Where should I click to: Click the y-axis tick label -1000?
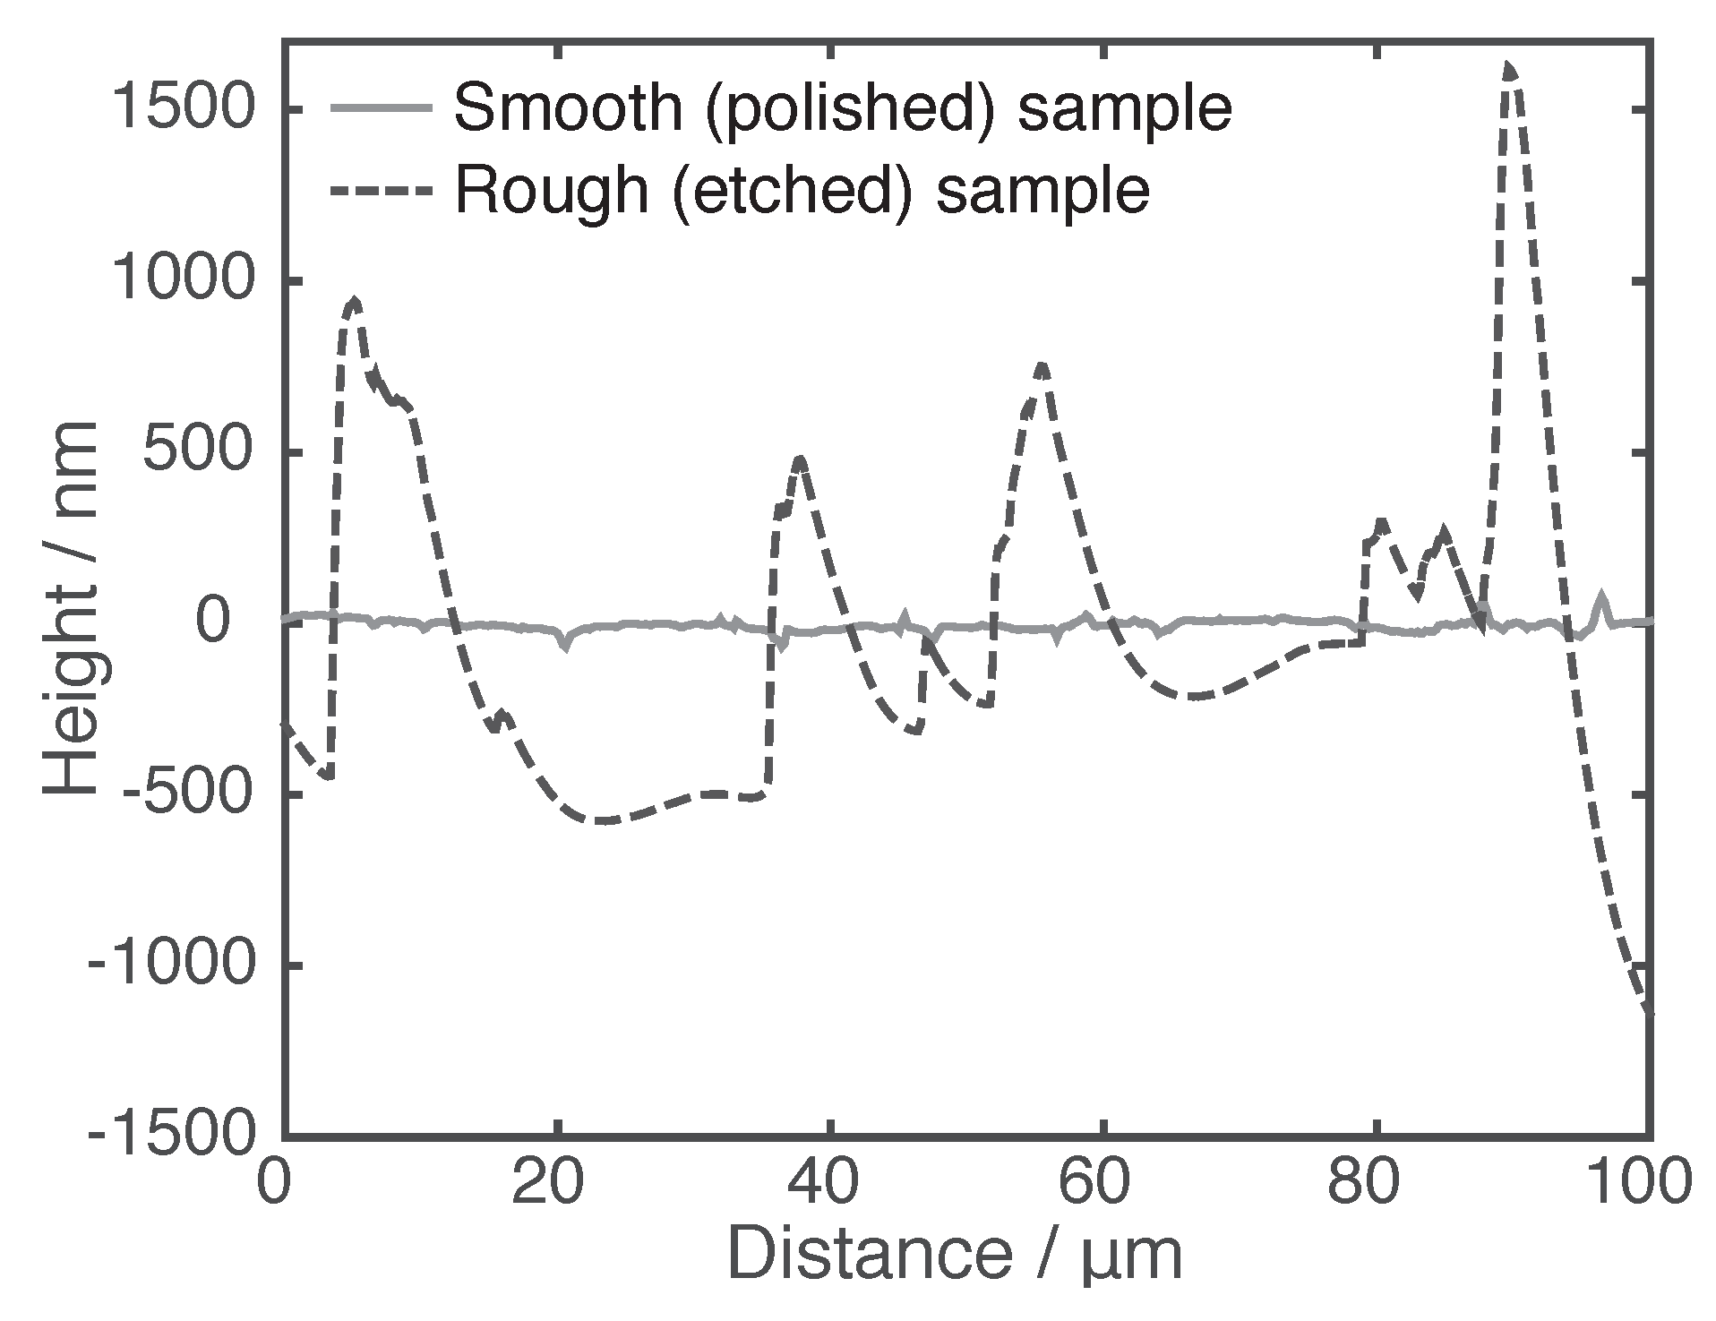tap(167, 965)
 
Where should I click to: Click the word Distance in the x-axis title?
tap(869, 1256)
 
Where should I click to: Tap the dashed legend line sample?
tap(382, 191)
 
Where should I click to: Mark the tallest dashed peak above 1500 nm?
tap(1510, 67)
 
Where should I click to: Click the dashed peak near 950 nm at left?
tap(355, 302)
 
